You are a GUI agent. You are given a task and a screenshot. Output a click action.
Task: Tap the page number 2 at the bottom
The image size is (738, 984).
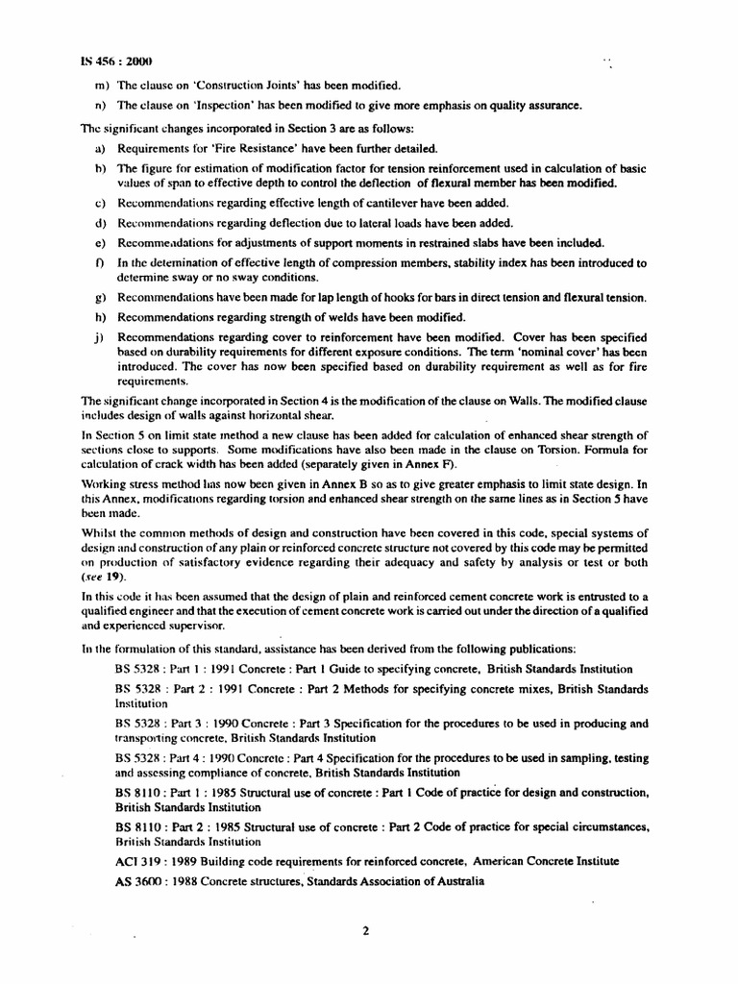[366, 930]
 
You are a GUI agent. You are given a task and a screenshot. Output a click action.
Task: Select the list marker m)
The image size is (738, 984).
[100, 85]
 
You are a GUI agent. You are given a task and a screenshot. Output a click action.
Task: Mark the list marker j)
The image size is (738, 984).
[99, 337]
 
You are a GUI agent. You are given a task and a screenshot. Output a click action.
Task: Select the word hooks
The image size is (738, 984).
[370, 297]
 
